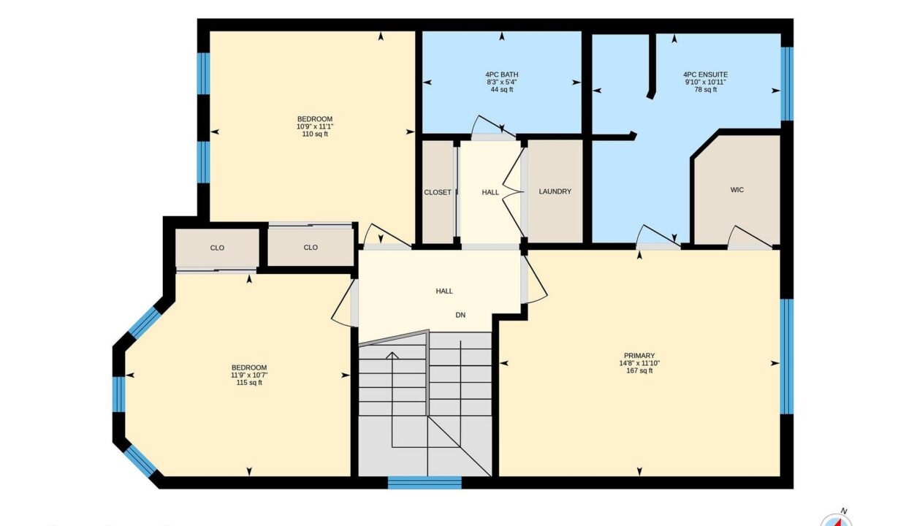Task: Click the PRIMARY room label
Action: [639, 356]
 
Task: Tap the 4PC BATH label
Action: [501, 75]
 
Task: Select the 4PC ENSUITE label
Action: [705, 75]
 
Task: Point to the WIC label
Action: [737, 190]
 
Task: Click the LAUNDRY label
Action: [555, 191]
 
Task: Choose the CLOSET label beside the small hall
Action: [437, 192]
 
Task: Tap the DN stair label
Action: [460, 315]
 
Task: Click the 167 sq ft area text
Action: [639, 370]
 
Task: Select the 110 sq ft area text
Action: [315, 134]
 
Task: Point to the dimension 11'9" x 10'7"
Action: [249, 375]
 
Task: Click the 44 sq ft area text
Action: [501, 89]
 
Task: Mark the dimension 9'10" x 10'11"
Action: [705, 82]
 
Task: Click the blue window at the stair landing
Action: [425, 482]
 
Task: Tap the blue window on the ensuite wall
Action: [787, 84]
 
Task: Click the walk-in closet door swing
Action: [749, 236]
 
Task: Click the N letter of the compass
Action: [844, 511]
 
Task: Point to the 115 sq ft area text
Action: [249, 383]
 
